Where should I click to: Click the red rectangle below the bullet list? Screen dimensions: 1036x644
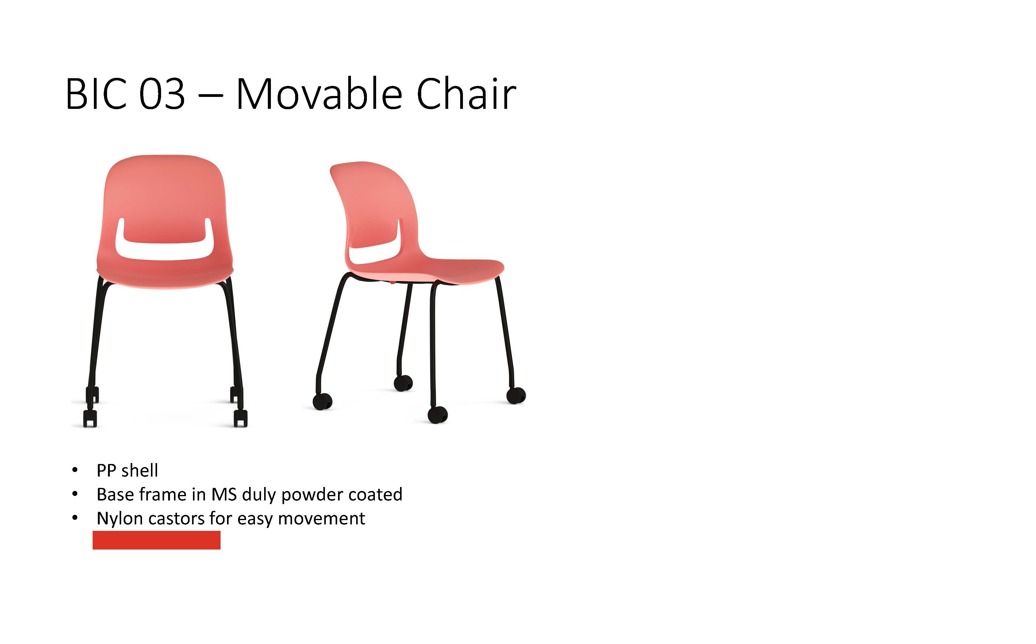[156, 540]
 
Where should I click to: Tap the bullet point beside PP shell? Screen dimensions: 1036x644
[75, 470]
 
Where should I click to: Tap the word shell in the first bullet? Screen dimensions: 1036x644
[139, 470]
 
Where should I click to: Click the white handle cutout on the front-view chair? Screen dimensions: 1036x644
[164, 251]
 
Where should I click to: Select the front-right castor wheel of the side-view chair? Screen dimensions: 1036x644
[437, 414]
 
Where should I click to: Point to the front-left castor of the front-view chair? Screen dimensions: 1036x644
[90, 418]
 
